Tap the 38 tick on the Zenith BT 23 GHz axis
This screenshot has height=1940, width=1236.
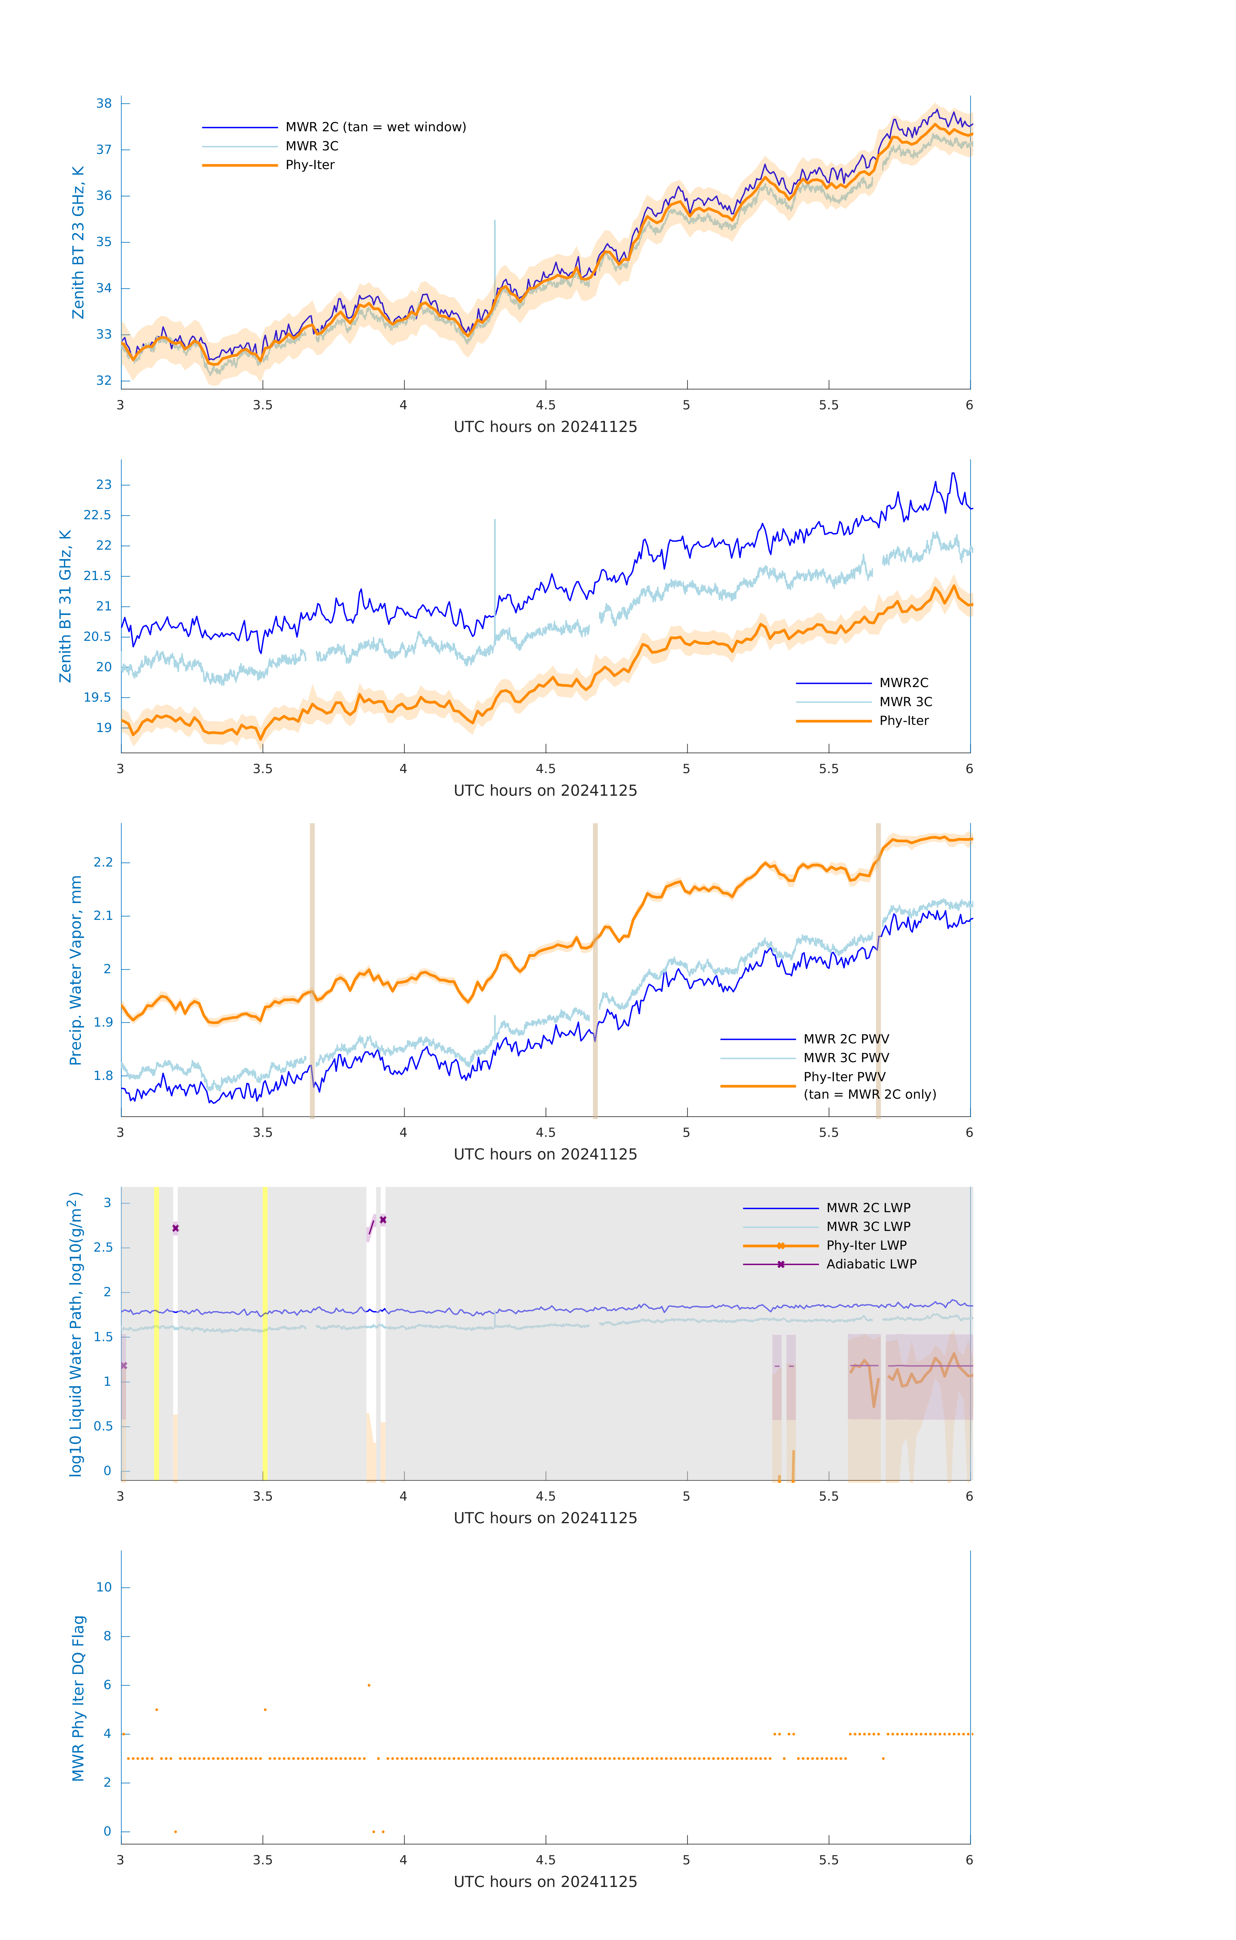104,103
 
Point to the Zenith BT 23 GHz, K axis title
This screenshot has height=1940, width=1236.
78,242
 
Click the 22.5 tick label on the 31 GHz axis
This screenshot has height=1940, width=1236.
98,516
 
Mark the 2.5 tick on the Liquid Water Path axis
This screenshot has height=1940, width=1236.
103,1248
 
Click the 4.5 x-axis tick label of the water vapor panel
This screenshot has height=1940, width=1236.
545,1133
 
